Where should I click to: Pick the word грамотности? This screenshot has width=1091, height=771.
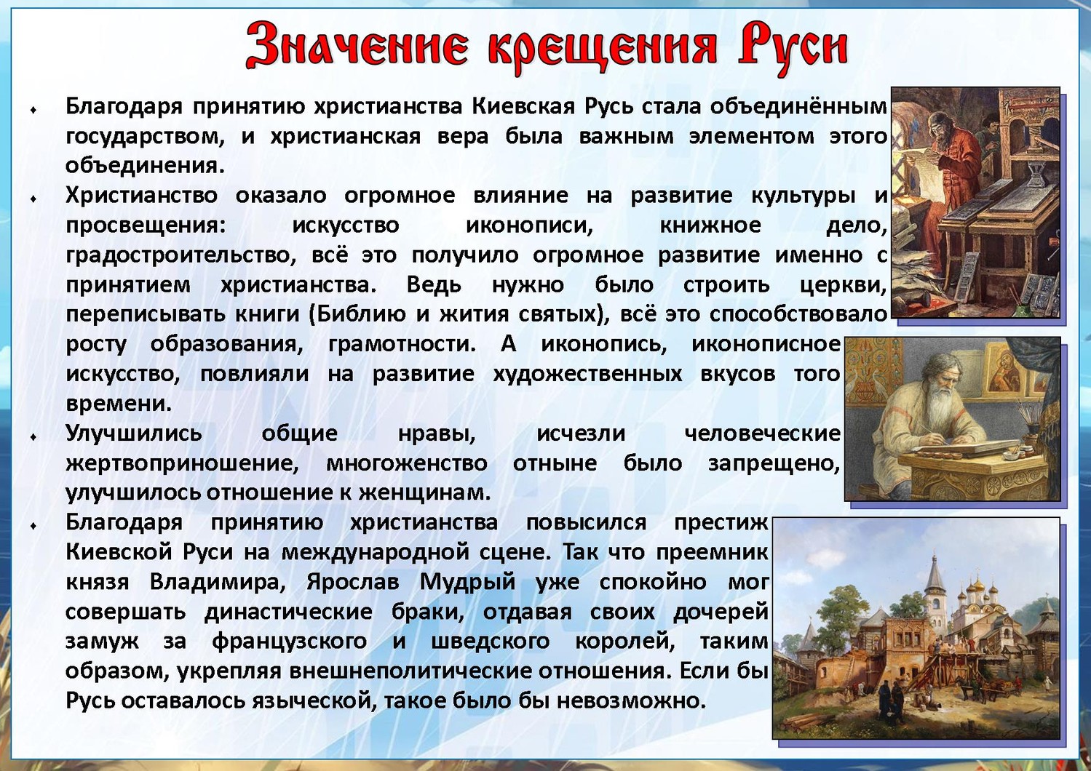(x=402, y=345)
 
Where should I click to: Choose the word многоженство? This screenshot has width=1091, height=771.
(x=407, y=463)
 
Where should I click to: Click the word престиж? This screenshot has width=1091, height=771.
(x=721, y=523)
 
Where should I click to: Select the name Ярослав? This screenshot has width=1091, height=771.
(x=352, y=582)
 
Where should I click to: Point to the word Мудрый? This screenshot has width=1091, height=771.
(x=467, y=583)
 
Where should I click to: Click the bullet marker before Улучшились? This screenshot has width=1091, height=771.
(x=33, y=437)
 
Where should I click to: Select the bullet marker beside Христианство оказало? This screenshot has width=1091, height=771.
(x=33, y=199)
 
